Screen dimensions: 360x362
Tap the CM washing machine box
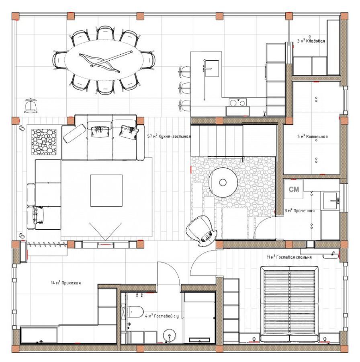tap(294, 189)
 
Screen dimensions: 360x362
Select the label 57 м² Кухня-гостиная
tap(169, 136)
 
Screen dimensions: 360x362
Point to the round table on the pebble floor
tap(223, 182)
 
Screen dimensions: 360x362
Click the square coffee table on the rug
tap(106, 191)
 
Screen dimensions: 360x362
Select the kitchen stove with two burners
tap(237, 102)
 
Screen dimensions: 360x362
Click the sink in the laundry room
tap(331, 201)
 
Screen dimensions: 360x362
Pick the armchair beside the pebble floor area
tap(201, 230)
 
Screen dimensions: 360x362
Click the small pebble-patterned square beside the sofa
tap(44, 142)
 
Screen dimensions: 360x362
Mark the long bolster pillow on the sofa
tap(74, 134)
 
